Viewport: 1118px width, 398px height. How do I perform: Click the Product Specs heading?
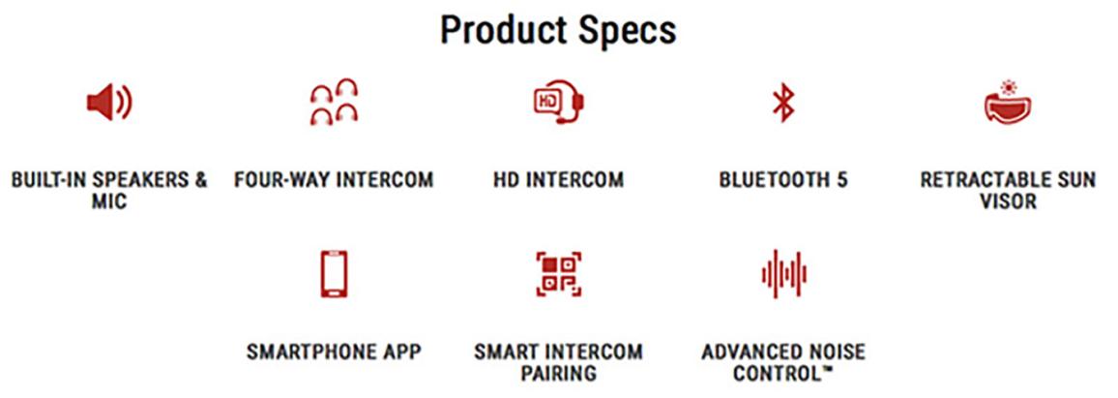(558, 30)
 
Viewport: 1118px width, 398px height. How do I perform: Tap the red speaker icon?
(109, 104)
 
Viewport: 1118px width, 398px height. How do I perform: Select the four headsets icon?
(334, 103)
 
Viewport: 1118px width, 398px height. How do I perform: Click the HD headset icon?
(559, 103)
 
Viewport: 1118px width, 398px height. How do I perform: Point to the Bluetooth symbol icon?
(783, 104)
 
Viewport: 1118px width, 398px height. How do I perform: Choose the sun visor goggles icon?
(1008, 102)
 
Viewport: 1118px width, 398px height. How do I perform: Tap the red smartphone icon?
(334, 274)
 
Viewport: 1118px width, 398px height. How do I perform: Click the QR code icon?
(559, 274)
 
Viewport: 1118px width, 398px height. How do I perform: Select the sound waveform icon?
(783, 274)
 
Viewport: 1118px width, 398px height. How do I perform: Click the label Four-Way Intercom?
(334, 179)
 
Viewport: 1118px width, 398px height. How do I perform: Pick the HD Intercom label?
(558, 179)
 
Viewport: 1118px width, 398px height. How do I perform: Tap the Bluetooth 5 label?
(782, 179)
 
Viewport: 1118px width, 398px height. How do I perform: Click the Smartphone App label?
(334, 352)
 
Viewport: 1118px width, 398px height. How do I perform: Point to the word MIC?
(109, 201)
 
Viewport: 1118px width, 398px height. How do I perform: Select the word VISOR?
(1008, 201)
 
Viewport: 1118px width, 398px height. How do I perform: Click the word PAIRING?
(558, 374)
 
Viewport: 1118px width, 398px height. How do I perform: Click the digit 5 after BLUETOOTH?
(841, 179)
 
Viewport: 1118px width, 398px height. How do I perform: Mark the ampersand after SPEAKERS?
(200, 179)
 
